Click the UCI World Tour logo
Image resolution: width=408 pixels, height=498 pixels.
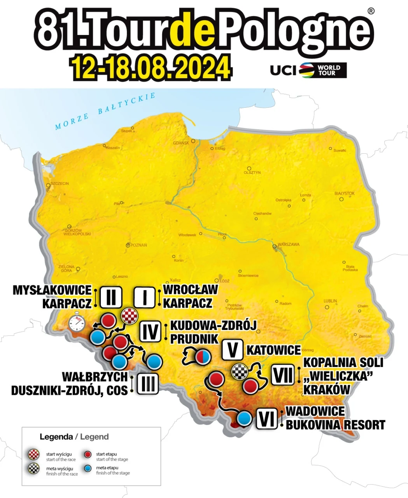[x=308, y=70]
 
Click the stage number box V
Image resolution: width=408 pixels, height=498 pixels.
[x=233, y=350]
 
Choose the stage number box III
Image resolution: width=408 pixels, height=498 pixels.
[x=148, y=384]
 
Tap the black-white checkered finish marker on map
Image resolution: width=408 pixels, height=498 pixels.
[x=240, y=372]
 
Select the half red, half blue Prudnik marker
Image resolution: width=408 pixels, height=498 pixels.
[x=203, y=356]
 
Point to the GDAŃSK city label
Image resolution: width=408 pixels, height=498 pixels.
[x=181, y=143]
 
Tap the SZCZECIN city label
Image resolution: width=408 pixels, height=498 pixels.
[x=60, y=183]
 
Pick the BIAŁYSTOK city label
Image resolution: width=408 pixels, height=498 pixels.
[x=345, y=193]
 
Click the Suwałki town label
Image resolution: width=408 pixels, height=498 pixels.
[x=340, y=150]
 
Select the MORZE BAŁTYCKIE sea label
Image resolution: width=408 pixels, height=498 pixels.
[x=105, y=111]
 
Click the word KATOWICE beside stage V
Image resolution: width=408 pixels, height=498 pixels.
[x=273, y=350]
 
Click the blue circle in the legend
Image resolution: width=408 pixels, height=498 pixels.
[x=88, y=468]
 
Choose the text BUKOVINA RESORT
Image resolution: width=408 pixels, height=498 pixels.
[x=335, y=425]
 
